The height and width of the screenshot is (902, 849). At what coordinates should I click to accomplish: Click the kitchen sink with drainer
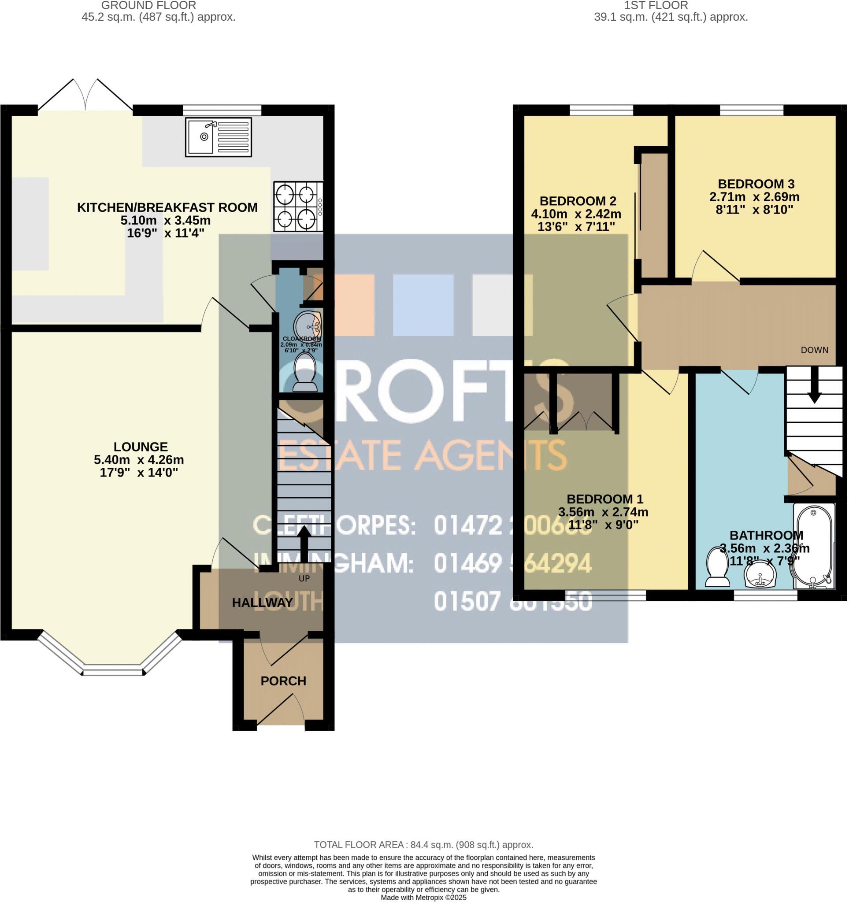[x=218, y=137]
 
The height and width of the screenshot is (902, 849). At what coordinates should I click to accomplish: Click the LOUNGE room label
[x=141, y=447]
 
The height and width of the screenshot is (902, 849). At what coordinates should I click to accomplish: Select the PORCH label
[x=283, y=681]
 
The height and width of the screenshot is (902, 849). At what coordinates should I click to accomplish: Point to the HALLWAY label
[x=262, y=603]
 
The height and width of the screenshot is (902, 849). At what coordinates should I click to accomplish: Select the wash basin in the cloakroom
[x=308, y=325]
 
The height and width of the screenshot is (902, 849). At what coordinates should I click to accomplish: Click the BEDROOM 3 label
[x=756, y=184]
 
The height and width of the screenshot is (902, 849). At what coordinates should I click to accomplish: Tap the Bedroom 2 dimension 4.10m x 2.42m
[x=576, y=214]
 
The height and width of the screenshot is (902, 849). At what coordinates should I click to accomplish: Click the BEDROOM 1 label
[x=604, y=499]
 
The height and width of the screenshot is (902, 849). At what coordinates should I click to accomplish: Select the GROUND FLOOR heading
[x=148, y=5]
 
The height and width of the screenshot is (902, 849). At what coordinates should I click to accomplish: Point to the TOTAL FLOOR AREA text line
[x=423, y=845]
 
